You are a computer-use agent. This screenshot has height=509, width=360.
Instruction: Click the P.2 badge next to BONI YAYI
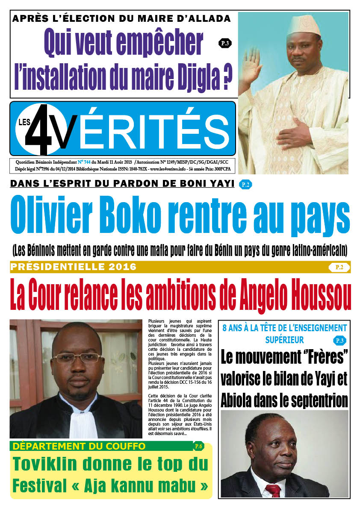[245, 185]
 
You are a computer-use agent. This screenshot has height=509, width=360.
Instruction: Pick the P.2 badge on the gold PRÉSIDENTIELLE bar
[339, 268]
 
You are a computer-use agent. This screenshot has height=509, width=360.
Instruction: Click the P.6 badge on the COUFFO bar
[198, 447]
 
